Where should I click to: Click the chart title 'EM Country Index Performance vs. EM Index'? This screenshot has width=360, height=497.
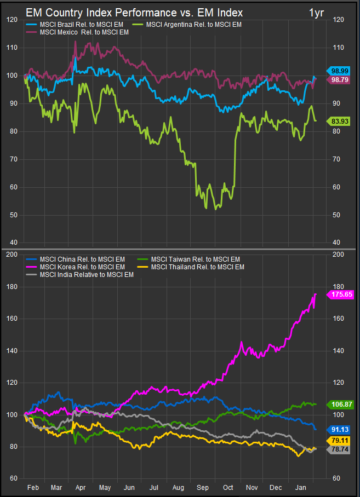(x=134, y=12)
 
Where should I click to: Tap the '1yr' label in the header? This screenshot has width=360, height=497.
(x=316, y=12)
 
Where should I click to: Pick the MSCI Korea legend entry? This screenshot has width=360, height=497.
(x=83, y=267)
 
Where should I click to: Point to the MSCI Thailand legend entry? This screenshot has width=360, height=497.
(x=197, y=267)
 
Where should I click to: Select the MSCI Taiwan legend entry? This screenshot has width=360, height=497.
(x=195, y=259)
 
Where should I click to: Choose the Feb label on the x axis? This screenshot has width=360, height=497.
(x=32, y=487)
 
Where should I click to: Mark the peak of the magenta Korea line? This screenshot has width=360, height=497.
(x=316, y=294)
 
